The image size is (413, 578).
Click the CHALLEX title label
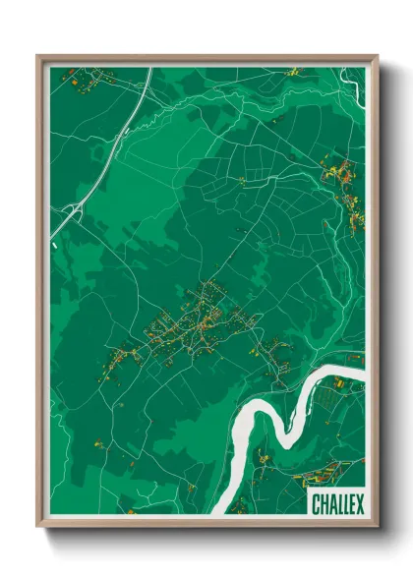[337, 504]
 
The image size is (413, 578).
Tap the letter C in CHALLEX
[316, 504]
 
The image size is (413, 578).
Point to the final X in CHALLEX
[359, 504]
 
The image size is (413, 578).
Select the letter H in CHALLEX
[324, 504]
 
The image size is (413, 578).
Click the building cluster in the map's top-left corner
[74, 80]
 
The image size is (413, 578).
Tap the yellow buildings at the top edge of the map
[294, 72]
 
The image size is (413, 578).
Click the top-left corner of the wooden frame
[38, 57]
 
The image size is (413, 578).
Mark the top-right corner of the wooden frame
[377, 57]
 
